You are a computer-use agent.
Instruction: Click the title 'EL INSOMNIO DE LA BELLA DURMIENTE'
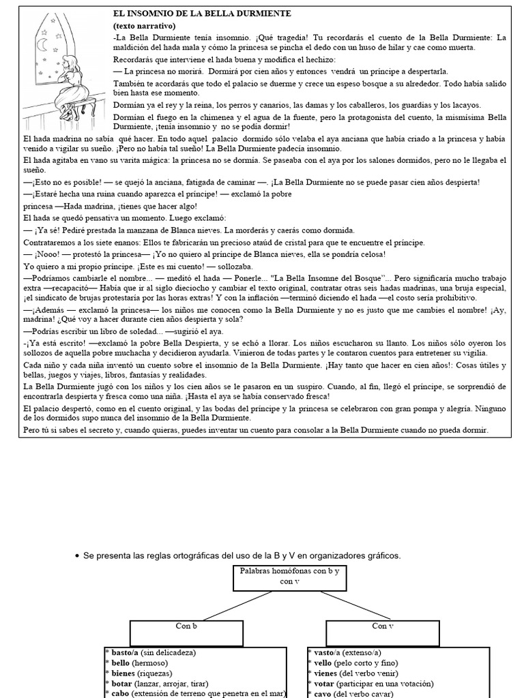193,14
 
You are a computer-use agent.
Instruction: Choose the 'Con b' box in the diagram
187,625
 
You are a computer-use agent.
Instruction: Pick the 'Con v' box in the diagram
383,625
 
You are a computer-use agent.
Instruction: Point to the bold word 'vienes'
325,673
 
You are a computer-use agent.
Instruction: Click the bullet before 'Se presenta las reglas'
76,556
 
